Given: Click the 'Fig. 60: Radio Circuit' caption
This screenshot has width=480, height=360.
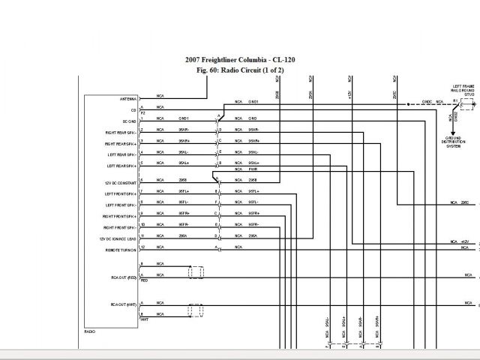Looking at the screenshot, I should click(234, 70).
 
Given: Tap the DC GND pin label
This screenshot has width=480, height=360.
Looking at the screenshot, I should click(129, 121).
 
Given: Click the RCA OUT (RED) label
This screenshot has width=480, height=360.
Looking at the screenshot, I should click(123, 277).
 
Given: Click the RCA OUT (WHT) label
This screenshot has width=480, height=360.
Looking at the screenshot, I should click(123, 304).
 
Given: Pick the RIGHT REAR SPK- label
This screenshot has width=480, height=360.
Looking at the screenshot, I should click(121, 131).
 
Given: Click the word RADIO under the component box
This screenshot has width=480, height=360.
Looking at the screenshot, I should click(90, 331).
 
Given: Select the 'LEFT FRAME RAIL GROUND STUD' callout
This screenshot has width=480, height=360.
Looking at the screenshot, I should click(463, 91).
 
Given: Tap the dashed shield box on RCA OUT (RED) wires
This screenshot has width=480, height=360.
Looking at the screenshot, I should click(196, 271).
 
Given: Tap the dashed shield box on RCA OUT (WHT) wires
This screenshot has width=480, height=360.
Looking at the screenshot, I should click(196, 309).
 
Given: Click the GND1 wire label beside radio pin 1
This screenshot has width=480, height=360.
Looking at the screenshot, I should click(184, 118).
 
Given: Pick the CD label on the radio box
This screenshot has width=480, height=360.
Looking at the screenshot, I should click(133, 109).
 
